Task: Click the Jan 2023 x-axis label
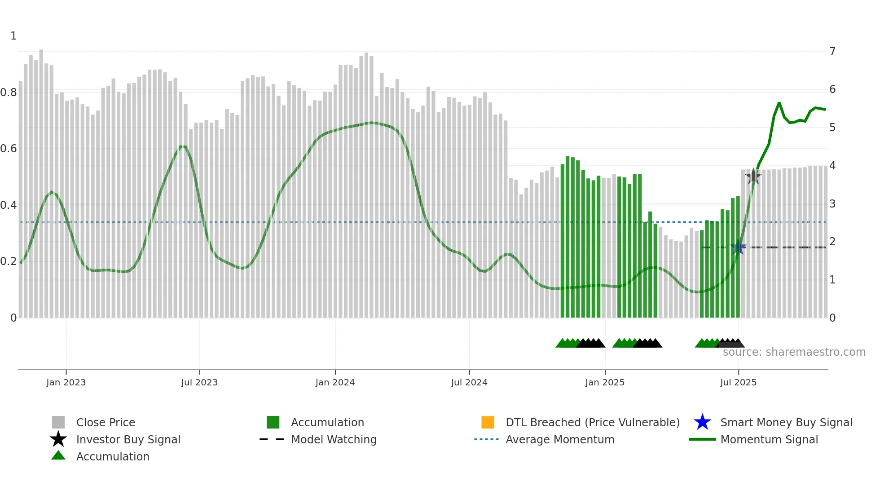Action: coord(66,382)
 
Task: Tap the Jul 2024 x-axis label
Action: coord(469,382)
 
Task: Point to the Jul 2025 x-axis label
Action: coord(738,382)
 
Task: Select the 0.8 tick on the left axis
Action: coord(9,93)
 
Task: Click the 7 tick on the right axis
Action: coord(832,51)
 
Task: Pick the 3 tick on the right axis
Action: coord(832,204)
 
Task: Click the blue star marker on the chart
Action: coord(738,247)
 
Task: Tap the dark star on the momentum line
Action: coord(753,177)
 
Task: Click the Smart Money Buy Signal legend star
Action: coord(702,422)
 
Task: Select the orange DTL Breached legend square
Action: coord(488,422)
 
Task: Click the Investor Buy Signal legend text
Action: coord(128,439)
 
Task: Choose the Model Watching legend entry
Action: coord(334,439)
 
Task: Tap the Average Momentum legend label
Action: coord(560,439)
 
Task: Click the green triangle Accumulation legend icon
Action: coord(58,455)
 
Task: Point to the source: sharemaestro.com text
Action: coord(794,352)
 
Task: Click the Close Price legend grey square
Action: coord(58,422)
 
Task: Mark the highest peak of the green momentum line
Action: coord(779,103)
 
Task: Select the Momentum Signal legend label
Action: coord(769,439)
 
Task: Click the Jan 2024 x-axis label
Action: coord(335,382)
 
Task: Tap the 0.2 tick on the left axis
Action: coord(9,261)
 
